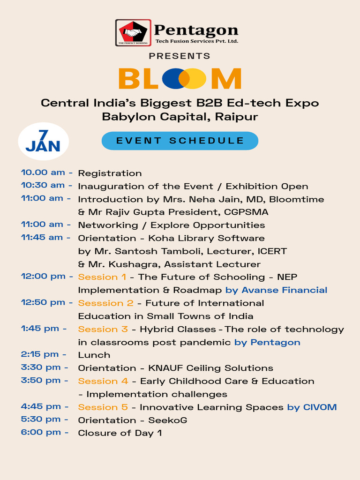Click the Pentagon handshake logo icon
133,32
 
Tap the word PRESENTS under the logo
180,56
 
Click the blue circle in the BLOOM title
173,79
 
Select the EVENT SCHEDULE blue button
180,141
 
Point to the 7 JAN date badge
43,142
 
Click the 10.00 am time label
43,172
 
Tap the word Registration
110,173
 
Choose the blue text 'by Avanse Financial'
276,290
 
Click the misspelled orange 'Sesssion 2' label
105,303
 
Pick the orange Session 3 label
103,329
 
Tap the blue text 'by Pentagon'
267,342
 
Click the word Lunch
94,355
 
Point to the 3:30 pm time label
41,367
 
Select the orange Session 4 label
103,381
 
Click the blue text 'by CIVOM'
312,407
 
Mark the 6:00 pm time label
41,432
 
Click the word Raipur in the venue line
236,117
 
